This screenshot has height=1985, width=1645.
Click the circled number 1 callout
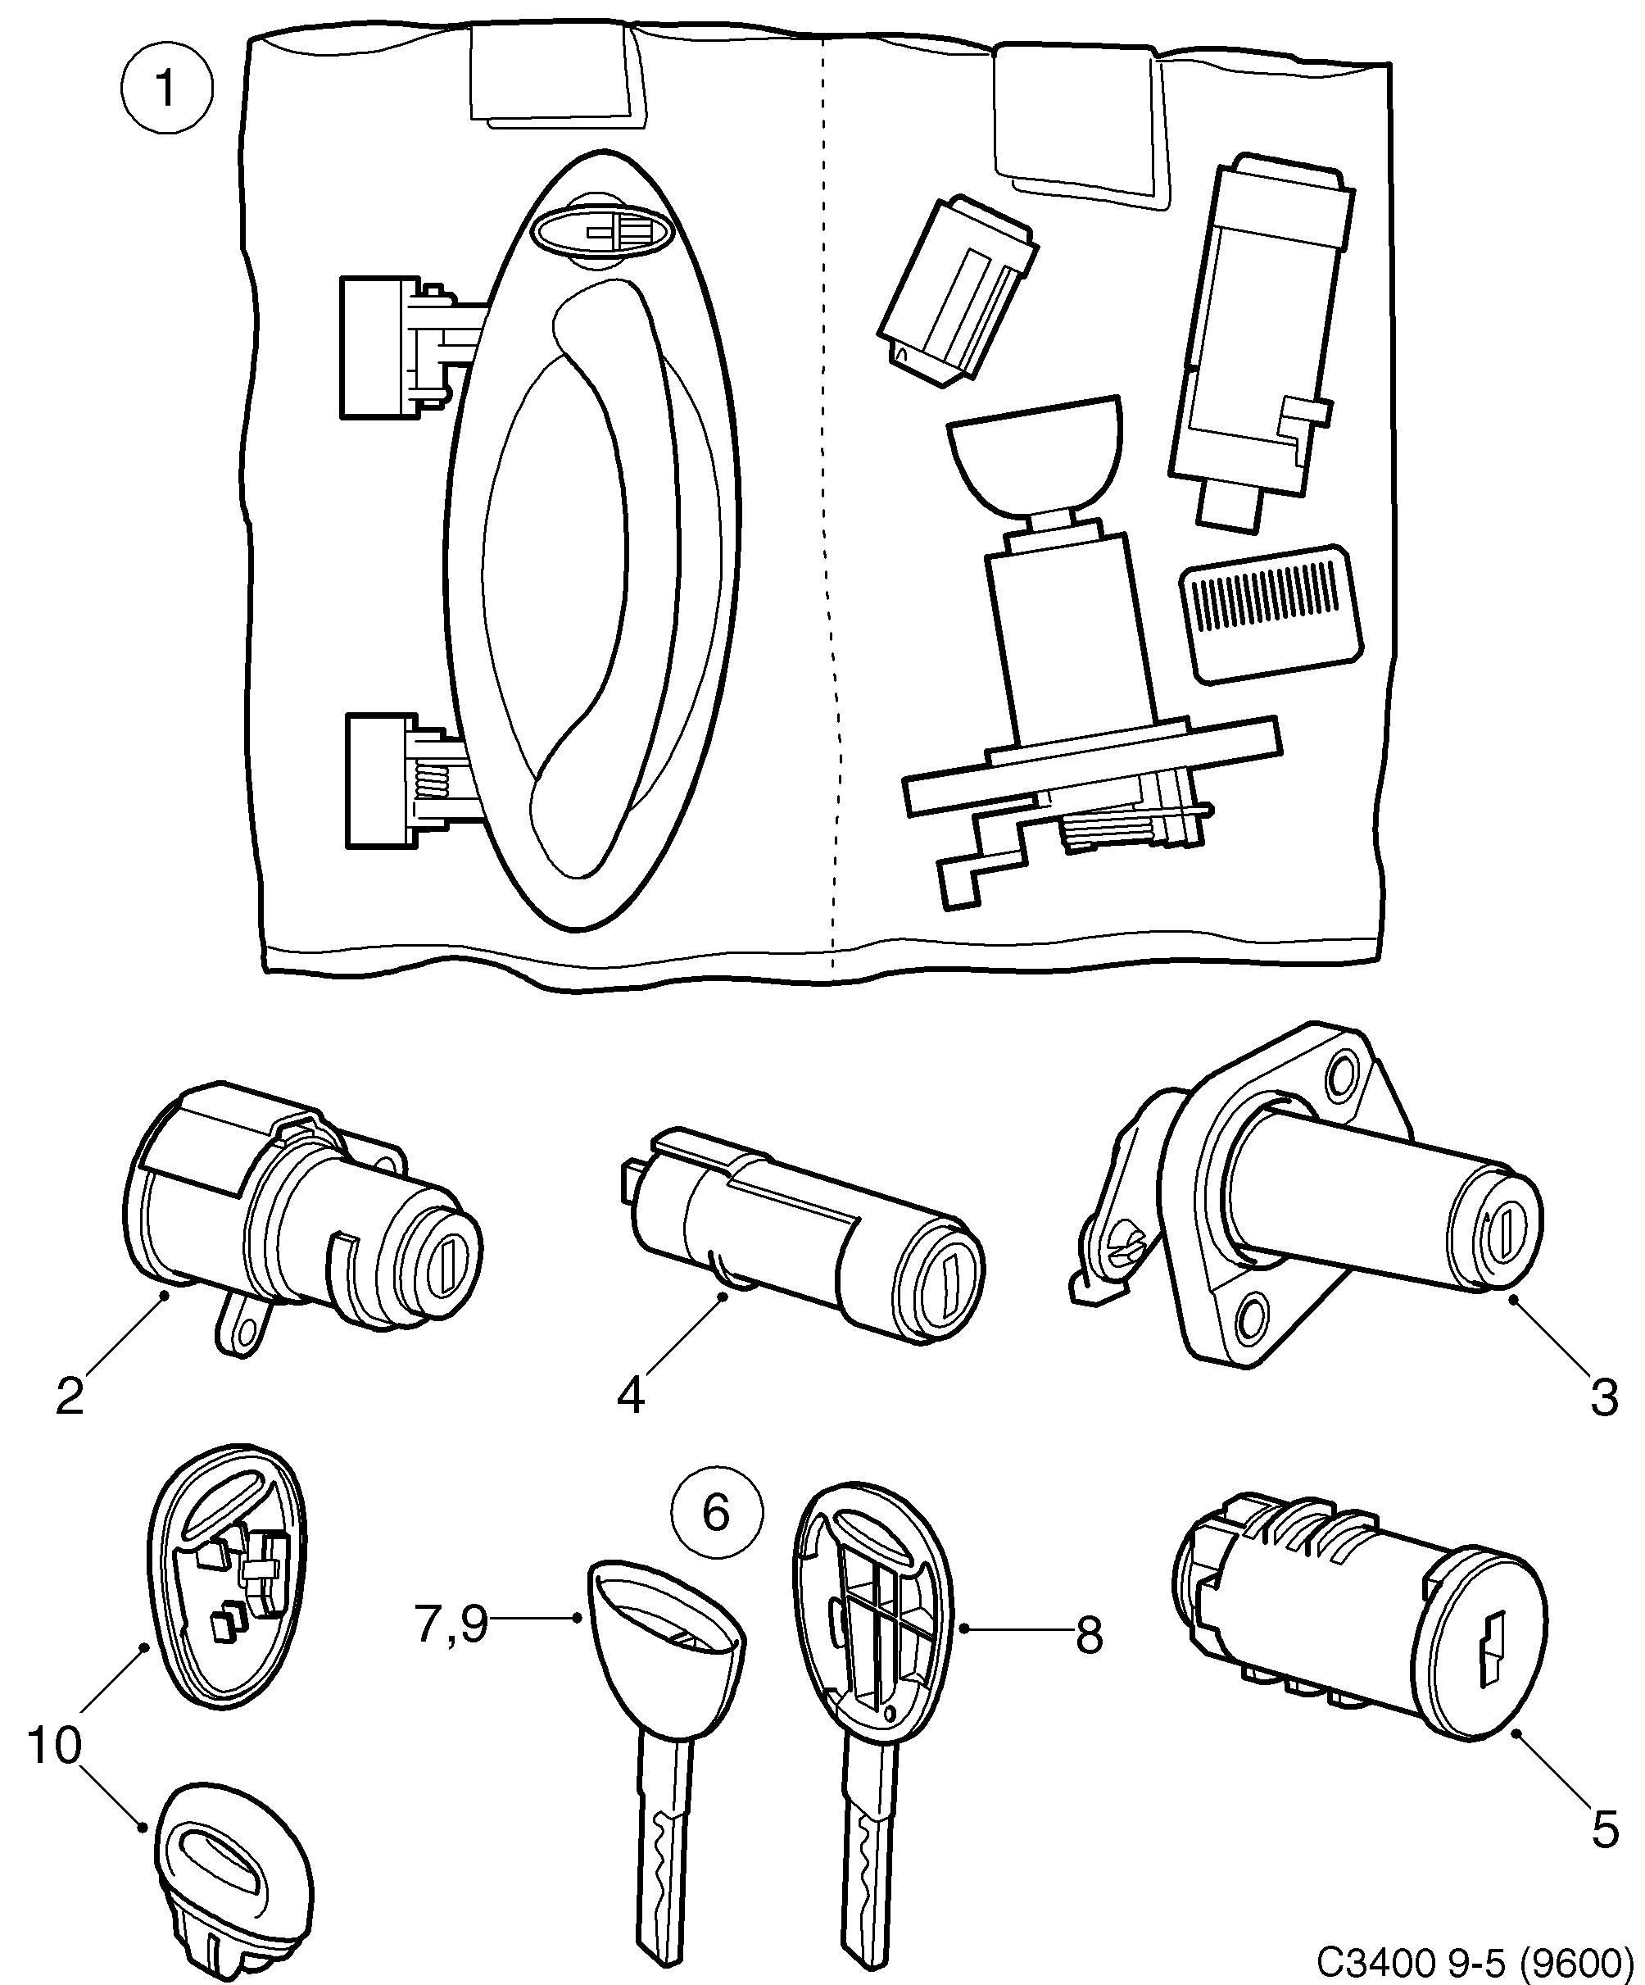point(166,90)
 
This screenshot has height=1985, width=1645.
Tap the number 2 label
point(70,1396)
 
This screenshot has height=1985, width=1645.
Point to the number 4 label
point(630,1396)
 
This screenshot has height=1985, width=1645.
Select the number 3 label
point(1603,1398)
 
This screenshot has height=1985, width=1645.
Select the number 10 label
point(54,1746)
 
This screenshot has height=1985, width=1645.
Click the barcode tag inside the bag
point(1269,612)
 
